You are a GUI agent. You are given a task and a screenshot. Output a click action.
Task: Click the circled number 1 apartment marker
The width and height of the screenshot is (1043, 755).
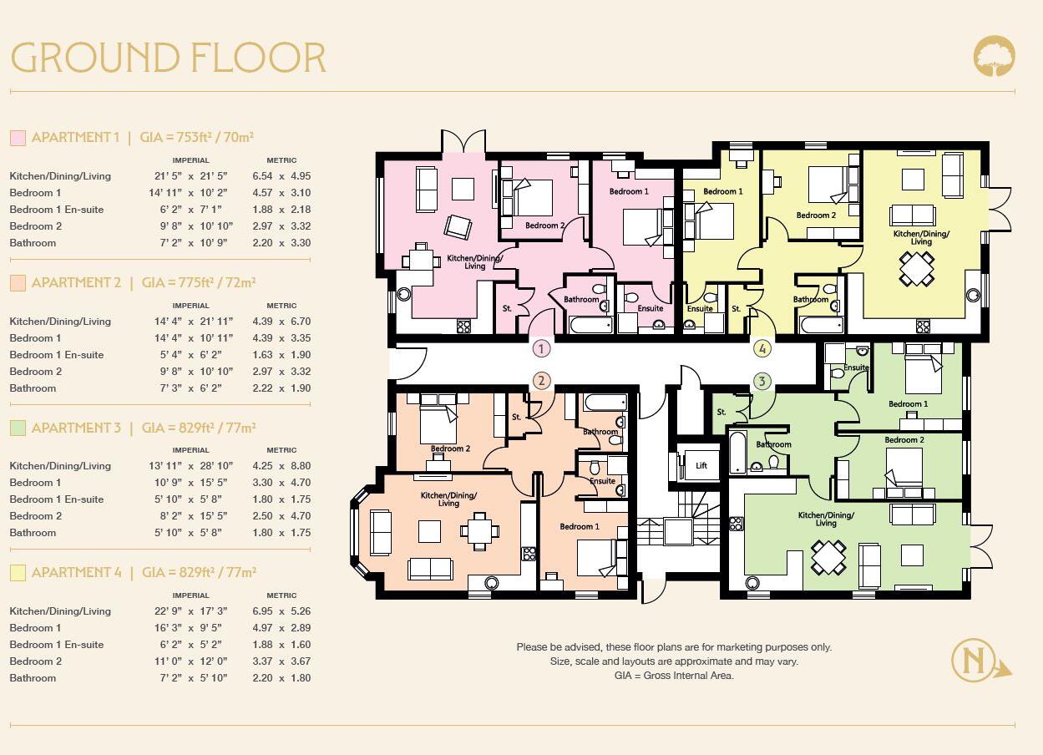541,348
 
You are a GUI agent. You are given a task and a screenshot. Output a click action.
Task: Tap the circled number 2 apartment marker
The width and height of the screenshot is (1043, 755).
541,381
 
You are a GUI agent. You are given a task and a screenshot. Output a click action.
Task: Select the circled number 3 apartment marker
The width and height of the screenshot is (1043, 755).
762,381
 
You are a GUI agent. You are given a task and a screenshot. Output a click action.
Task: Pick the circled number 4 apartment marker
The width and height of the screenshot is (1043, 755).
762,348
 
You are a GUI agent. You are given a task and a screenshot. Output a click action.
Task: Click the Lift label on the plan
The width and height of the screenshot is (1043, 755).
701,466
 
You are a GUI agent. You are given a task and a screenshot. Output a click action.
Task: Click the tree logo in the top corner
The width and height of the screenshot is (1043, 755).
994,56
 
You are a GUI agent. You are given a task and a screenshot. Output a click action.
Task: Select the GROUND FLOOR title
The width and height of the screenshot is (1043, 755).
168,58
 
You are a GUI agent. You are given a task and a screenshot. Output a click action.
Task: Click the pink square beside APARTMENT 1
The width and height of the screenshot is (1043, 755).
18,138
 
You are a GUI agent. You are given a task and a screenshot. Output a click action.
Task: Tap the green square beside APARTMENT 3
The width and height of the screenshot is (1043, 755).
18,428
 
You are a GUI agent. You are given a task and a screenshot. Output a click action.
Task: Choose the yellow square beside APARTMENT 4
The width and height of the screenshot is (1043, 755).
18,573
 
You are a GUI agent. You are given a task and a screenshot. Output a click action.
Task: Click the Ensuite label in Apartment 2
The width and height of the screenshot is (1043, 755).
602,481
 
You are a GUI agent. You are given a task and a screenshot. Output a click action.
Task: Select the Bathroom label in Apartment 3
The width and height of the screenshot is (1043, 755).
773,445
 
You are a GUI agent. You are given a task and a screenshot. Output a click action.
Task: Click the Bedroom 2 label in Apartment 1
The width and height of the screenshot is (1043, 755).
544,225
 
